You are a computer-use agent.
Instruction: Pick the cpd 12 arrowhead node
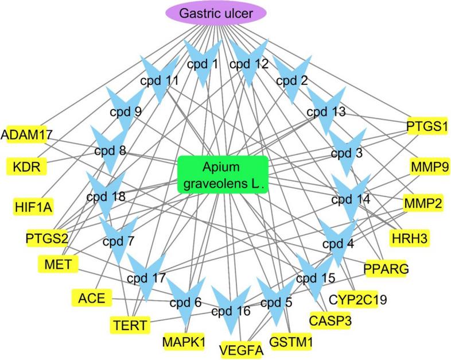(x=248, y=64)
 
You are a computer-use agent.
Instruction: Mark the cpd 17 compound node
(x=146, y=278)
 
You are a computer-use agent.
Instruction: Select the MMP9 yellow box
(x=429, y=168)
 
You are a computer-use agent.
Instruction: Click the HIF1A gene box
(x=32, y=205)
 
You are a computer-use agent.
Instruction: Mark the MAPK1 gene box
(x=181, y=340)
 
